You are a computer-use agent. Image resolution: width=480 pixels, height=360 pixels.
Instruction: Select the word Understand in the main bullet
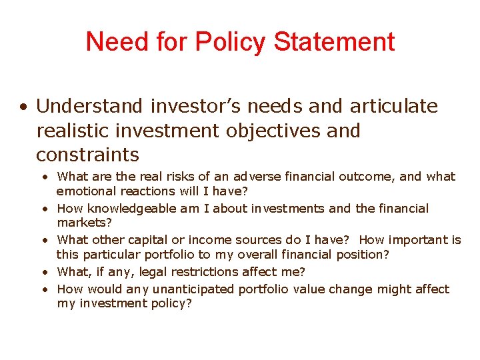click(x=89, y=106)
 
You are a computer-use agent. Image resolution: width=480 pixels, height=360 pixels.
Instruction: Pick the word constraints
click(x=87, y=155)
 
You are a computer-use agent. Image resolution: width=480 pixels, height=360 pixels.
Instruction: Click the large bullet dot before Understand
click(x=23, y=107)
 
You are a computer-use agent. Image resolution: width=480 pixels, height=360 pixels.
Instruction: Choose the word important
click(x=418, y=240)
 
